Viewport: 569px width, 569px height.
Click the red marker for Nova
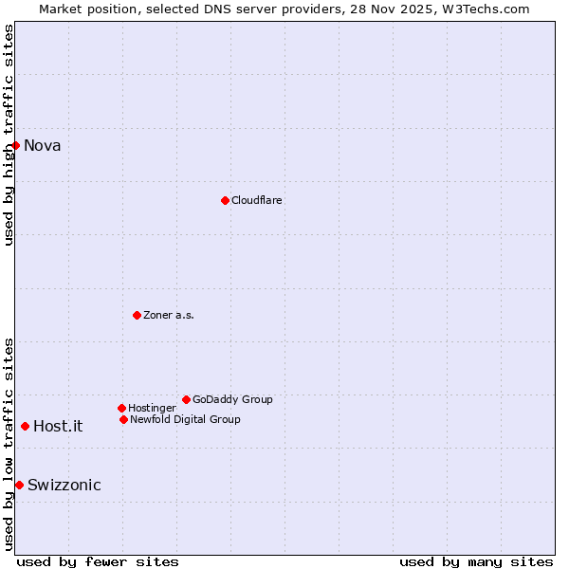[16, 145]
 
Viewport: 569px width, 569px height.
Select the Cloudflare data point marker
[225, 200]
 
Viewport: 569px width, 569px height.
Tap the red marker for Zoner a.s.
[138, 315]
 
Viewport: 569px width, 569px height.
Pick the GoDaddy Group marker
[186, 399]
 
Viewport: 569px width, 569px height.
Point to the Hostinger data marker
[122, 408]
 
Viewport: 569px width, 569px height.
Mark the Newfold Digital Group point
[124, 419]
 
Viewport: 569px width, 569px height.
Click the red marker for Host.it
[25, 426]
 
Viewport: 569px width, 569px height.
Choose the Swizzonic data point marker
[19, 485]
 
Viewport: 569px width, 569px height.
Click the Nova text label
[43, 145]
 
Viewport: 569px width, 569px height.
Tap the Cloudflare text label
[257, 200]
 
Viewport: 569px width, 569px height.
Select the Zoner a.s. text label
[169, 315]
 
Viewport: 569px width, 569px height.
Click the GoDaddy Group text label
[232, 399]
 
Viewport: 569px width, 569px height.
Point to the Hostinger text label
[152, 408]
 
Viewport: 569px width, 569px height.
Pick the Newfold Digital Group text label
[185, 419]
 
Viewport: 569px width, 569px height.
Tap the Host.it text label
[58, 426]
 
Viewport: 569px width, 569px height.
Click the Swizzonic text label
[64, 485]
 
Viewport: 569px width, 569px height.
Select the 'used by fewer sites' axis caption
[98, 561]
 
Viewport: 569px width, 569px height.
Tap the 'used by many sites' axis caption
[476, 561]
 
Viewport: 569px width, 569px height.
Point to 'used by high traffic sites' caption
[9, 135]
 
